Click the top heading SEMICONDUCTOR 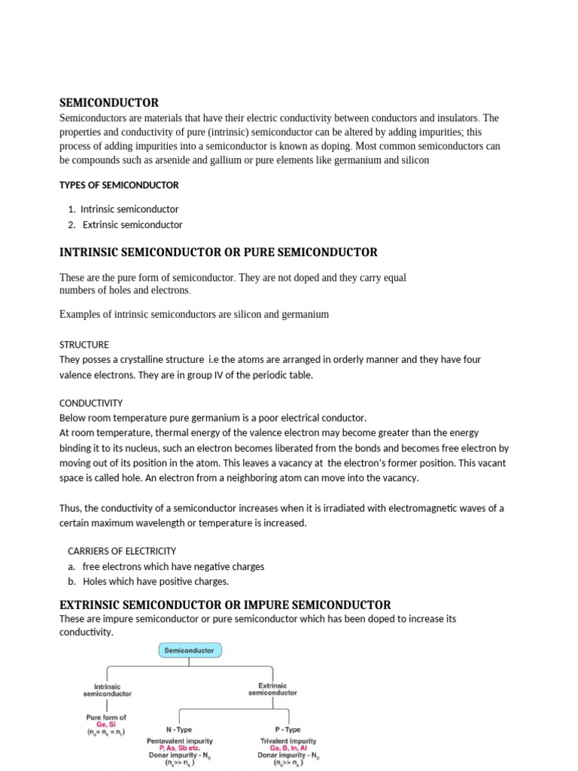[109, 102]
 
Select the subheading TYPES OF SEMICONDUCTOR [119, 184]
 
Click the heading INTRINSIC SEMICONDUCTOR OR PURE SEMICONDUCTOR [218, 252]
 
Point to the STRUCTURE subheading [84, 345]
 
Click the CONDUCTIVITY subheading [91, 403]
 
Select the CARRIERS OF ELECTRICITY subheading [122, 551]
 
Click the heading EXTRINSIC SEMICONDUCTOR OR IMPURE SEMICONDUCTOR [225, 605]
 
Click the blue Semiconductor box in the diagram [189, 650]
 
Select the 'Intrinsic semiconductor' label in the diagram [107, 690]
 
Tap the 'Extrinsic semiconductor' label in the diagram [272, 690]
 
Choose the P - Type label [287, 730]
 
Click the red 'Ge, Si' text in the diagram [106, 724]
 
